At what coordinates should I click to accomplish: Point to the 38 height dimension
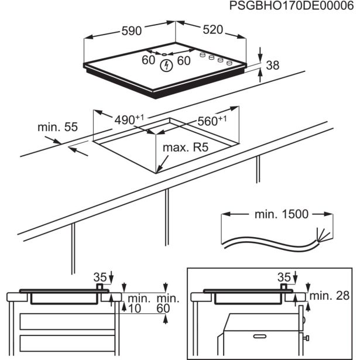click(x=273, y=66)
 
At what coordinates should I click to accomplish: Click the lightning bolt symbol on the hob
click(x=167, y=64)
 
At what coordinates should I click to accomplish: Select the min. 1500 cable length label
click(x=281, y=214)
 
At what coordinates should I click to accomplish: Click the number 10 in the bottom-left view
click(x=136, y=308)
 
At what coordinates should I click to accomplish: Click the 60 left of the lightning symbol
click(x=148, y=60)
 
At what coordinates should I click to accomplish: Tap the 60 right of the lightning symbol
click(x=184, y=60)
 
